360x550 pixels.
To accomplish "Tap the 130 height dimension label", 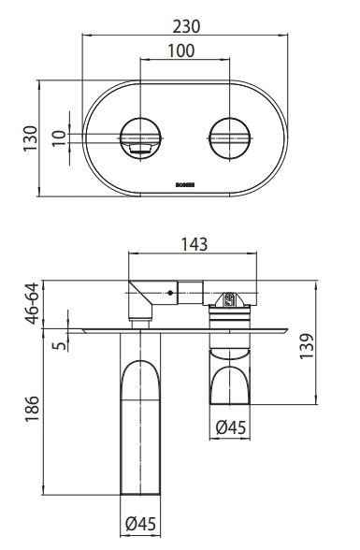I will pyautogui.click(x=31, y=138).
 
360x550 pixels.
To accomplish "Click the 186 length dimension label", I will pyautogui.click(x=31, y=410).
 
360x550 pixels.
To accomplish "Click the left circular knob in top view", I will pyautogui.click(x=139, y=137).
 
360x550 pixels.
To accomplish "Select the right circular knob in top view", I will pyautogui.click(x=227, y=137).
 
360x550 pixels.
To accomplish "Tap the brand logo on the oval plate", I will pyautogui.click(x=184, y=185).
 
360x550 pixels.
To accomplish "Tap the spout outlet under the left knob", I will pyautogui.click(x=139, y=147).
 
